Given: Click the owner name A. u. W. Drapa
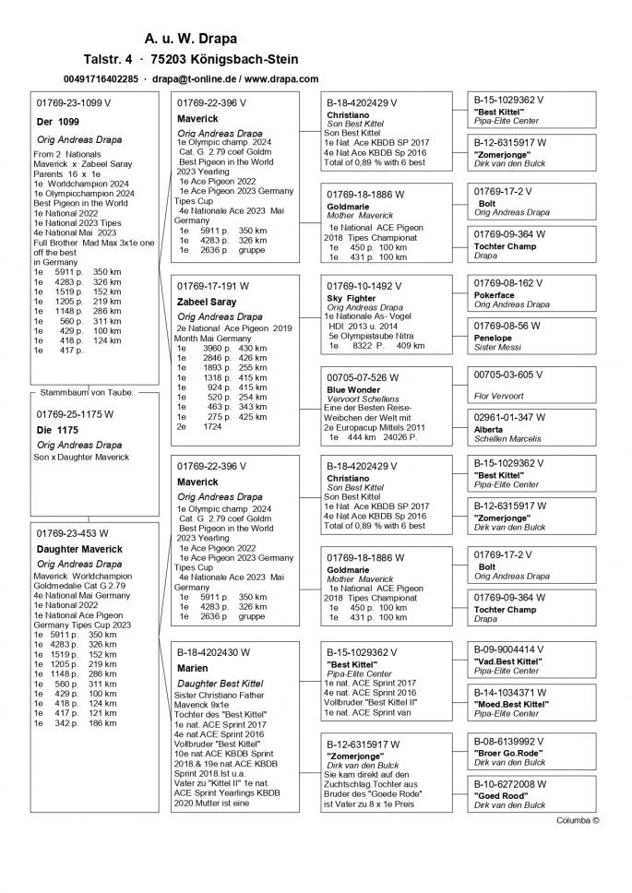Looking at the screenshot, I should pos(191,39).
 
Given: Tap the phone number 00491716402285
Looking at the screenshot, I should pos(101,79).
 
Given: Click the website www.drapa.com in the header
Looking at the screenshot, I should pos(278,79).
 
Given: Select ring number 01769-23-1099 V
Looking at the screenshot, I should pos(73,102).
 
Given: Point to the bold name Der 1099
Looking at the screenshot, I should pos(57,122).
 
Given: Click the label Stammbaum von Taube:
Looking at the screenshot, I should pos(87,392).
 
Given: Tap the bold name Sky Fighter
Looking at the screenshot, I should pos(352,299).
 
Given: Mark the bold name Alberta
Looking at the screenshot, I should pos(489,430).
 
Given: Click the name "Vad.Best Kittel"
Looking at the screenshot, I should pos(508,661).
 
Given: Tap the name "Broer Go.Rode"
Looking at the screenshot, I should pos(508,753).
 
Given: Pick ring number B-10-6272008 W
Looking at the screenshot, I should pos(510,784).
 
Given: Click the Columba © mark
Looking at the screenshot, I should pos(578,819).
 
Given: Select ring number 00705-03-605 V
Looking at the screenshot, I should pos(507,375).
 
